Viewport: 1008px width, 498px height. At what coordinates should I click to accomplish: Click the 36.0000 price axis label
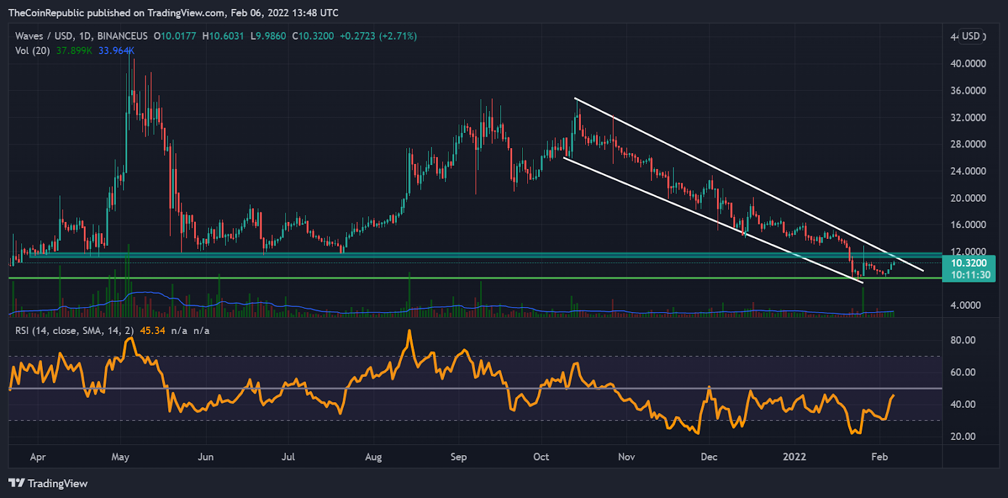tap(968, 91)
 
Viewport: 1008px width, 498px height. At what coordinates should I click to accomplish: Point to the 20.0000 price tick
tap(968, 198)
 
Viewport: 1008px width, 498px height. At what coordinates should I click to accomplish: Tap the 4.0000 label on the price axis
tap(965, 305)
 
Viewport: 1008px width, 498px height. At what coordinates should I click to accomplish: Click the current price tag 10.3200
tap(968, 263)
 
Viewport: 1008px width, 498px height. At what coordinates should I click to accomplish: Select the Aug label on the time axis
tap(373, 457)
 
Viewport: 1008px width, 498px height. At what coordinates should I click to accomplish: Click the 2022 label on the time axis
tap(794, 457)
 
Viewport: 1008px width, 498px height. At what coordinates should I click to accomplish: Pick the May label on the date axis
tap(120, 457)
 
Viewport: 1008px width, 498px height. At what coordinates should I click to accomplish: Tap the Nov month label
tap(626, 457)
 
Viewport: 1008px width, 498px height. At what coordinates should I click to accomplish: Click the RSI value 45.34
tap(152, 330)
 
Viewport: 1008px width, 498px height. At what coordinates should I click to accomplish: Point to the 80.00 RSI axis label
tap(963, 340)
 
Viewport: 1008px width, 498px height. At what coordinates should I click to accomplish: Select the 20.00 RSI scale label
tap(963, 436)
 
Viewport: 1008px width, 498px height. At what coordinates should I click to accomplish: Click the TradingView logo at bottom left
tap(48, 484)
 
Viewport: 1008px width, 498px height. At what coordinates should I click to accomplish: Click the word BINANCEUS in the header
tap(122, 37)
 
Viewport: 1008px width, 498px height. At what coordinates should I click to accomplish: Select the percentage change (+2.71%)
tap(398, 37)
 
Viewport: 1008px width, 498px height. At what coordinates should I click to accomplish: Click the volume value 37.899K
tap(74, 50)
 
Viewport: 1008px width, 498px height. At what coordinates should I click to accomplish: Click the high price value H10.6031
tap(222, 37)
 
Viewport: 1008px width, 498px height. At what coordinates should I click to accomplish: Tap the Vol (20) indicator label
tap(32, 50)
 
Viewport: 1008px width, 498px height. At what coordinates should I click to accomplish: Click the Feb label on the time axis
tap(879, 457)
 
